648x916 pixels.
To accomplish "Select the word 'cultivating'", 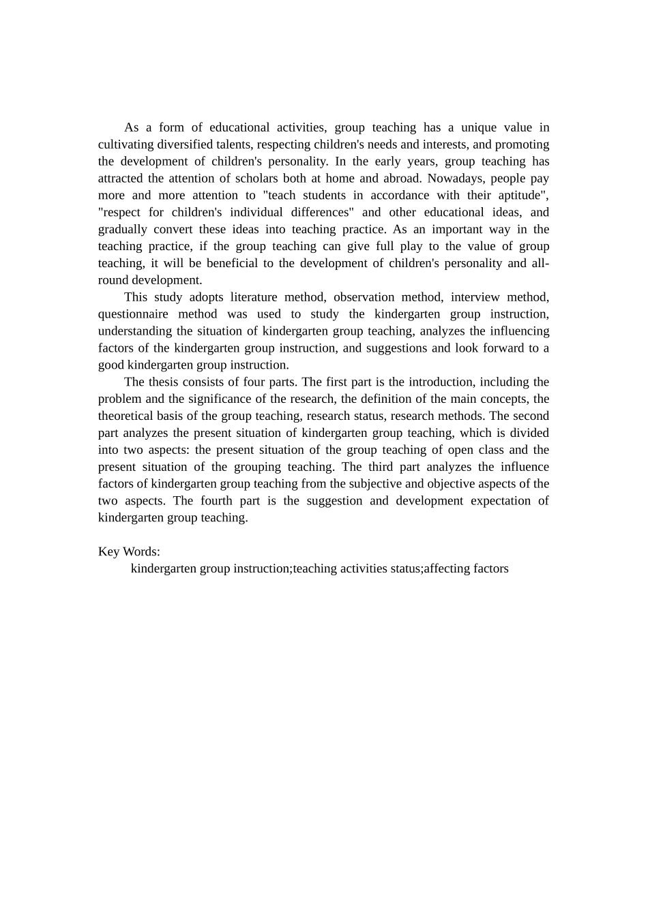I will (x=126, y=144).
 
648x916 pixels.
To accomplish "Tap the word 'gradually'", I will (x=123, y=230).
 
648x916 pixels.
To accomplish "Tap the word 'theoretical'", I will (x=128, y=416).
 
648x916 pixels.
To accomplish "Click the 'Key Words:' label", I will (x=129, y=551).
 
